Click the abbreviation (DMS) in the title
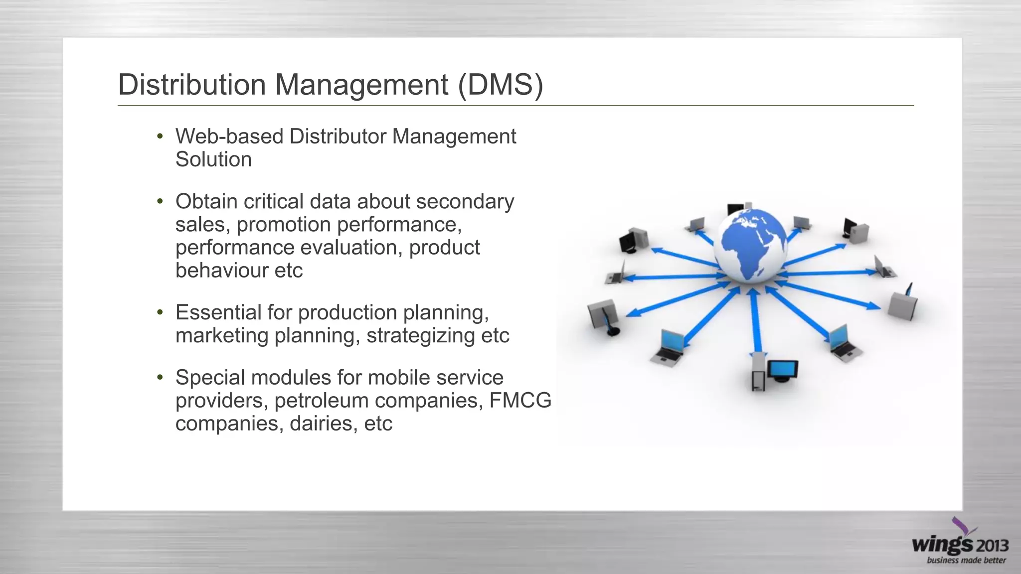point(500,85)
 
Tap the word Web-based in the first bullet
point(229,137)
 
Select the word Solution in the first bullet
point(213,160)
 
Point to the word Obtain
point(206,202)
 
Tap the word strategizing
point(420,336)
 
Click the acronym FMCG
point(520,401)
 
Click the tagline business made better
point(966,561)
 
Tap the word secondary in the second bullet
point(465,202)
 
